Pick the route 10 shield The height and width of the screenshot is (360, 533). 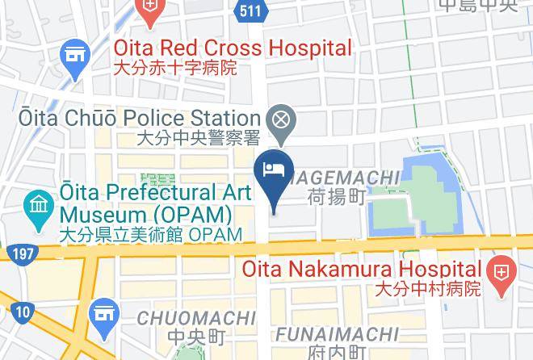pos(24,311)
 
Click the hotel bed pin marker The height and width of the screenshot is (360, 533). pos(272,170)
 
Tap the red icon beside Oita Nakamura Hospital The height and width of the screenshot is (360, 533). pos(500,269)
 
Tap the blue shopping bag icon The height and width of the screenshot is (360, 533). pos(104,312)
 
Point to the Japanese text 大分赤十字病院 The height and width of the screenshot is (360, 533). pos(174,68)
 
